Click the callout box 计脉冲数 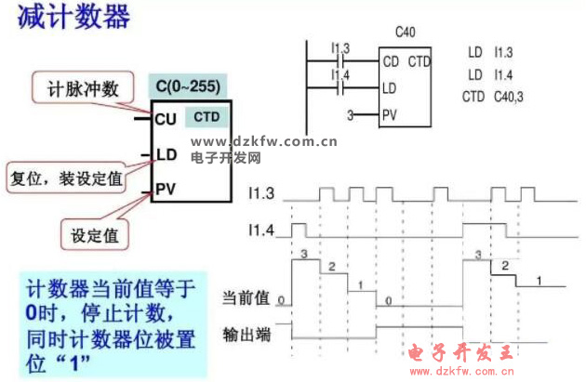pyautogui.click(x=84, y=89)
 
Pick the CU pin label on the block pyautogui.click(x=166, y=119)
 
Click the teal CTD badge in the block pyautogui.click(x=206, y=117)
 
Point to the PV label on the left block pyautogui.click(x=166, y=189)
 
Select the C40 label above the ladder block pyautogui.click(x=405, y=33)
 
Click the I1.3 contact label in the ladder pyautogui.click(x=340, y=48)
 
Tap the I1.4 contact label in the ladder pyautogui.click(x=340, y=73)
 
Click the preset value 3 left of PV pyautogui.click(x=350, y=115)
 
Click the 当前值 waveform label pyautogui.click(x=246, y=298)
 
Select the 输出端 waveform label pyautogui.click(x=246, y=332)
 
